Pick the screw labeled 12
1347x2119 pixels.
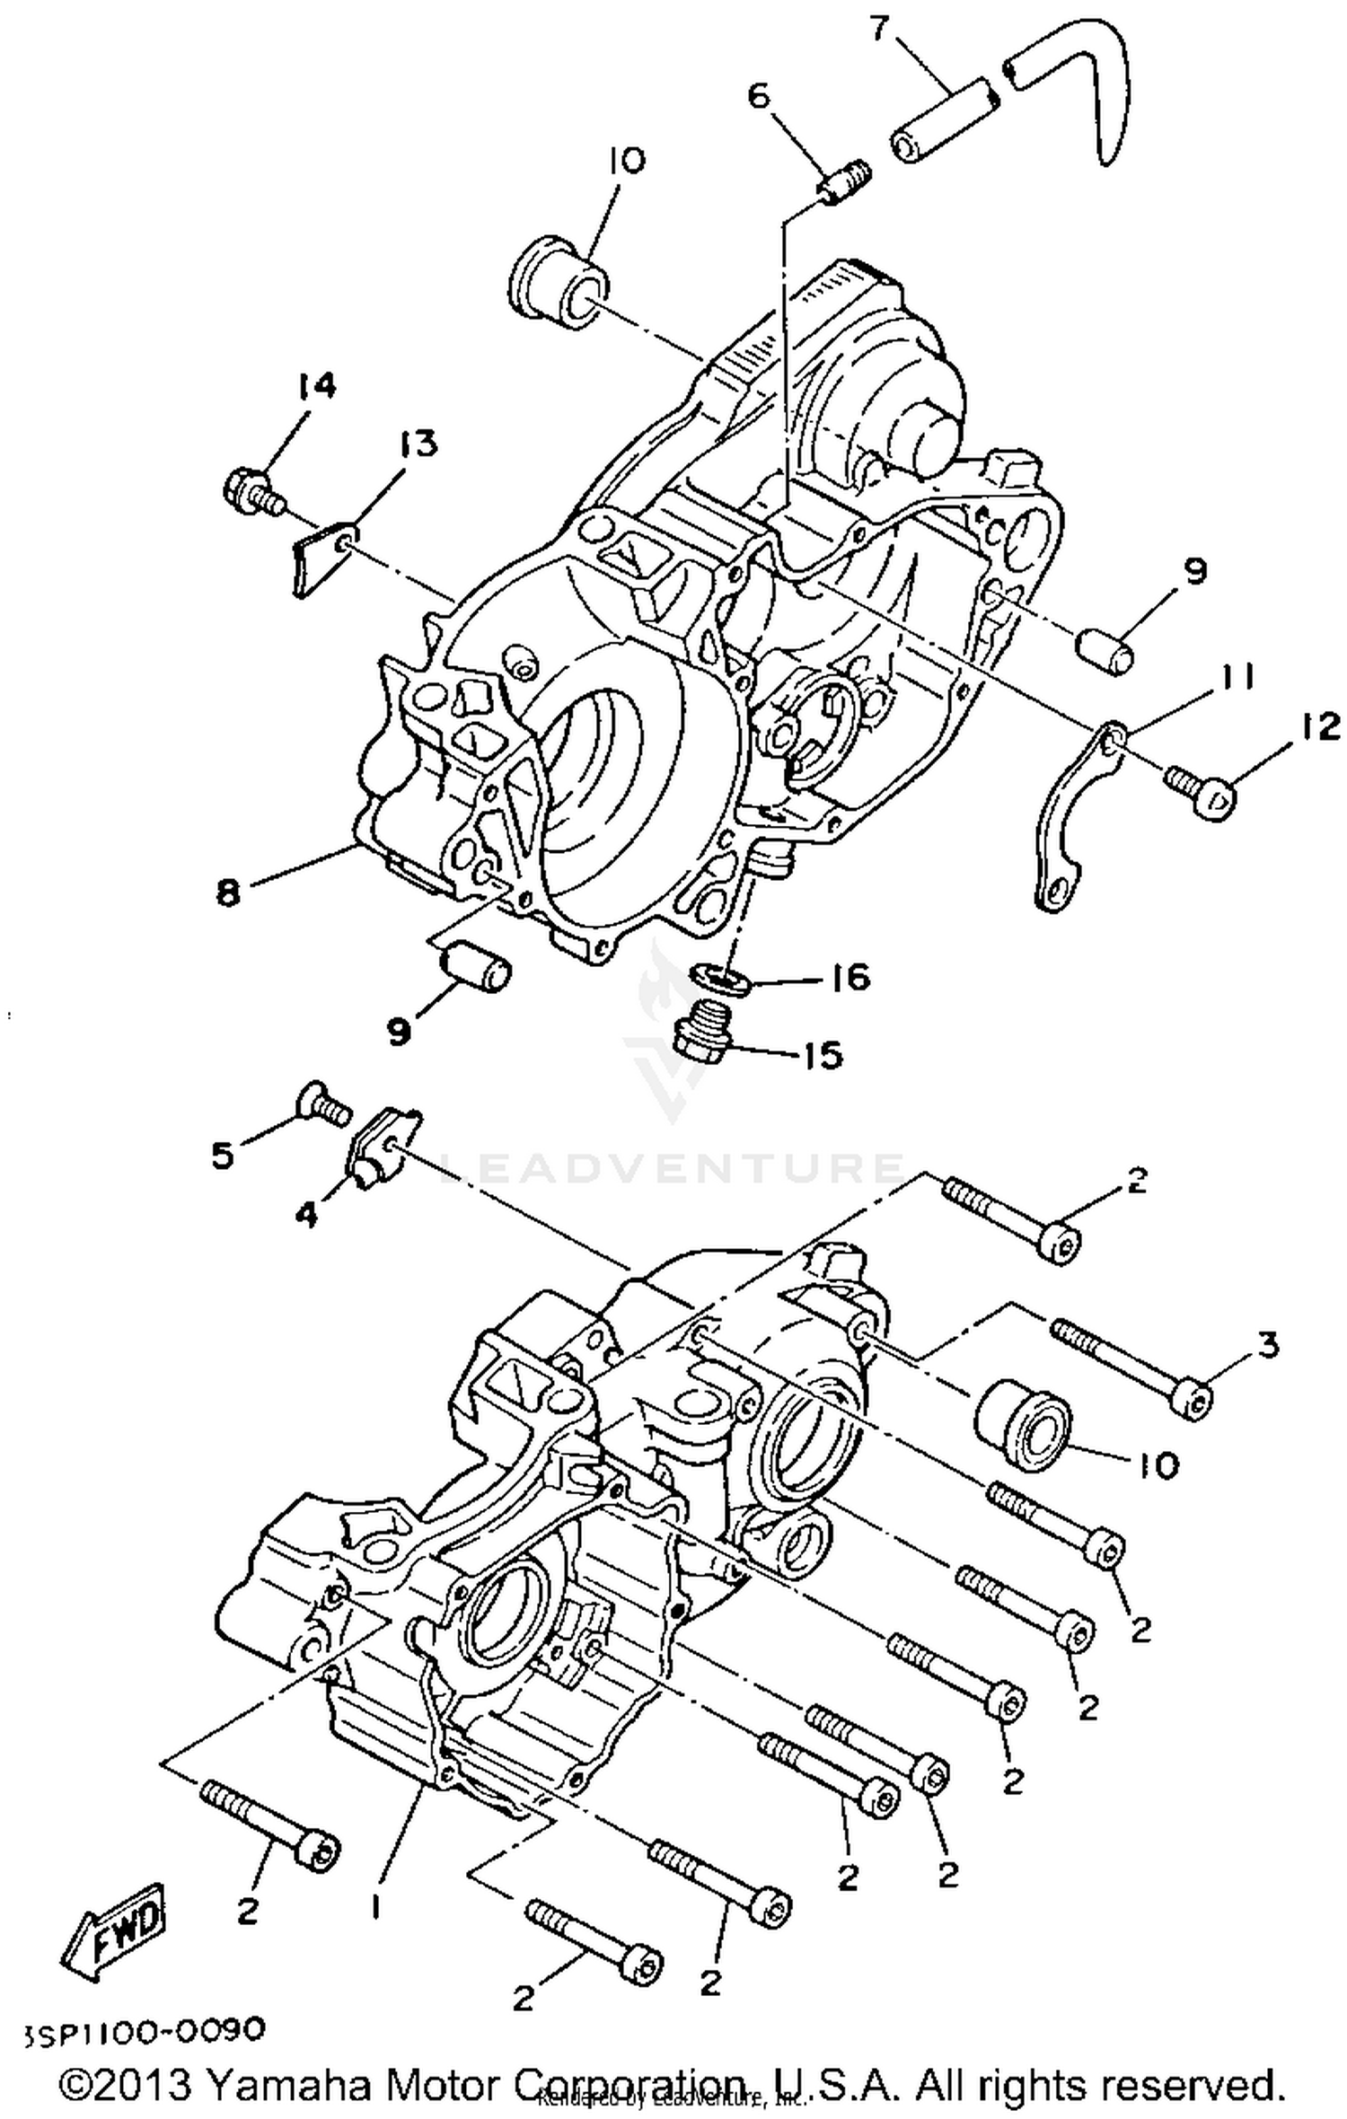[1203, 788]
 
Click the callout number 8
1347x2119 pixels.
[228, 892]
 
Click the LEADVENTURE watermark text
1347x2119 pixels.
[673, 1167]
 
